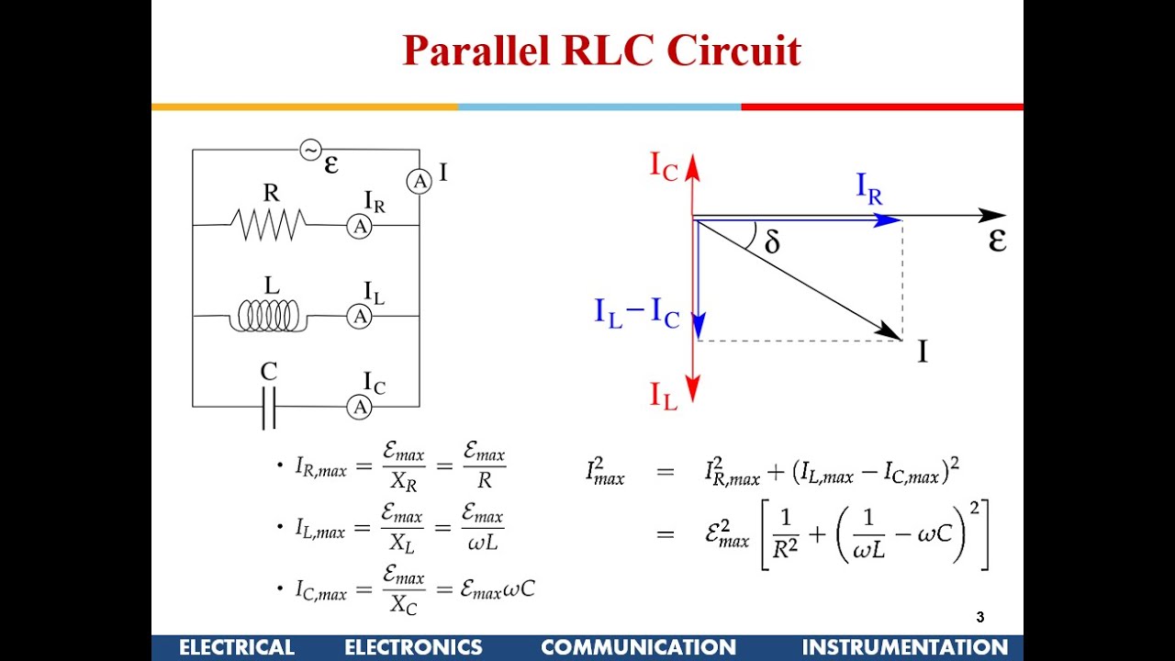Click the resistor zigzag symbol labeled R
[x=272, y=224]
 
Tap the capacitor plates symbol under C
[x=268, y=408]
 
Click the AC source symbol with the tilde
[x=310, y=149]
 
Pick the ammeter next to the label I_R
[x=359, y=226]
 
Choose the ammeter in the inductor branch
[x=359, y=317]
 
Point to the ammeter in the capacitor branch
[x=359, y=407]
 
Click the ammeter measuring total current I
[x=420, y=182]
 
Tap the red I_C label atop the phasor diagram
[x=665, y=165]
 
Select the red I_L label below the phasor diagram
[x=665, y=396]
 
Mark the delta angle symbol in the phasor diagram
[x=772, y=242]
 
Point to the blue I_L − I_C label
[x=636, y=314]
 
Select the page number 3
[x=979, y=618]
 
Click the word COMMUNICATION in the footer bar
[x=638, y=647]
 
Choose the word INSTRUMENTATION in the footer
[x=904, y=647]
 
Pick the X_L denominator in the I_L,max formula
[x=402, y=543]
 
